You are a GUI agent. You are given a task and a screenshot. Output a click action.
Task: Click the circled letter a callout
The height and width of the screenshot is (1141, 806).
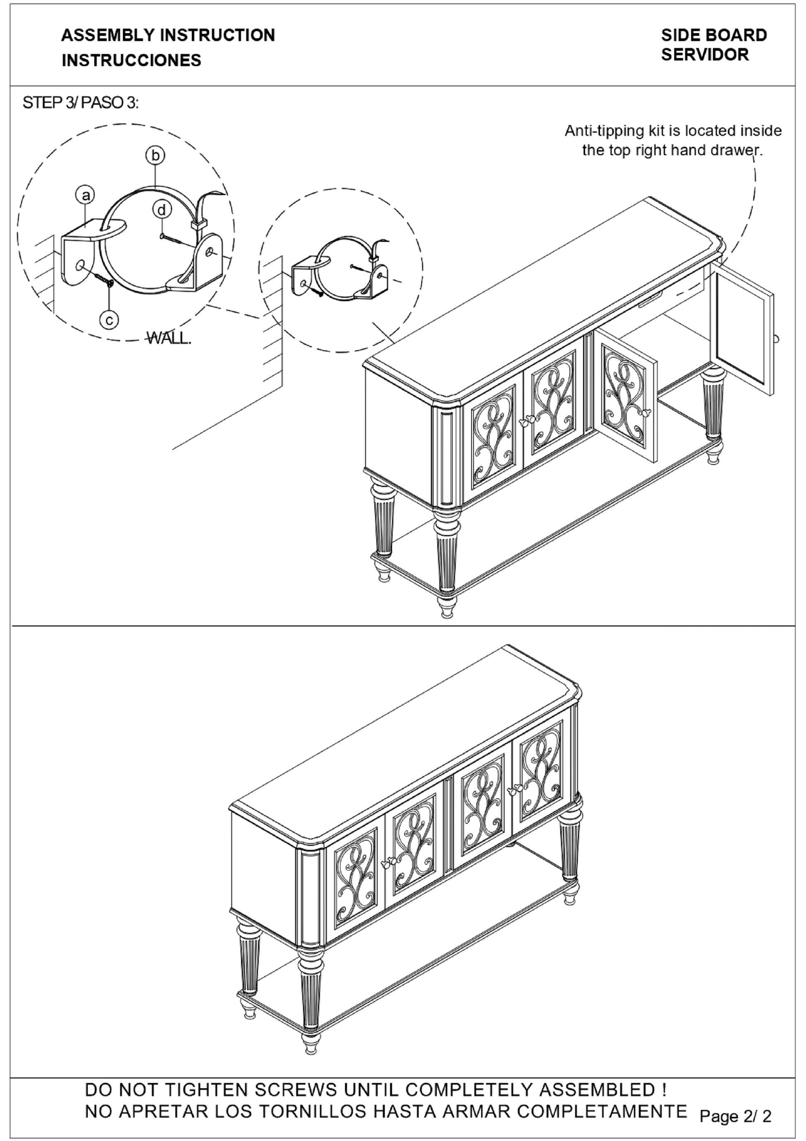point(85,195)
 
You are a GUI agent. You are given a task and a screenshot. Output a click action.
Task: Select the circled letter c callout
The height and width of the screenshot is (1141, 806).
point(109,319)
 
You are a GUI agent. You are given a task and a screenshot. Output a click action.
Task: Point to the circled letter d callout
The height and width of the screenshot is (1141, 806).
point(162,210)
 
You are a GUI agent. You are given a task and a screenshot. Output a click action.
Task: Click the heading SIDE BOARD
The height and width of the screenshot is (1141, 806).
point(714,35)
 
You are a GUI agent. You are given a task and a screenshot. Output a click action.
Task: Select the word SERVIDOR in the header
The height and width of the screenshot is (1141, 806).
point(705,55)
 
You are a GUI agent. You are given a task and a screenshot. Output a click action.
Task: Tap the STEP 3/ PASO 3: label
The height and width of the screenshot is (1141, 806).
point(80,103)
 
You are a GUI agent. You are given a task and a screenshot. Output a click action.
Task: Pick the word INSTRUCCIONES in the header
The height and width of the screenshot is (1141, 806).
point(131,60)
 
